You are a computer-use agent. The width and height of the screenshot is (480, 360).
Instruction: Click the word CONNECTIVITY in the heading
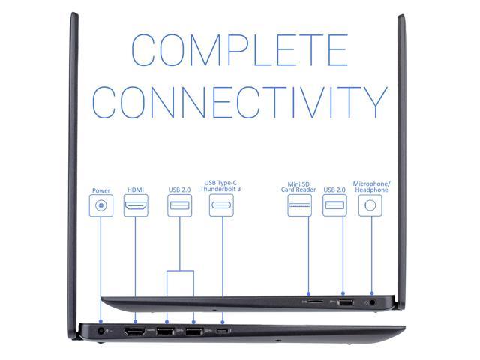click(x=239, y=102)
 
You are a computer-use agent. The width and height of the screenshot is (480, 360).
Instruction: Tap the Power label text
click(x=101, y=190)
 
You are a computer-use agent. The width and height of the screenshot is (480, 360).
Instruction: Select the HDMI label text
click(x=136, y=190)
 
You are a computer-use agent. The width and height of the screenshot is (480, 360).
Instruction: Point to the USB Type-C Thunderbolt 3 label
click(x=221, y=186)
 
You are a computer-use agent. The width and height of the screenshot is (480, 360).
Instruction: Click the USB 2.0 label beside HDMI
click(x=180, y=190)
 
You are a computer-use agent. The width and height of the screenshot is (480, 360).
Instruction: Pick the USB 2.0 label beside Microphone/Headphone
click(x=334, y=190)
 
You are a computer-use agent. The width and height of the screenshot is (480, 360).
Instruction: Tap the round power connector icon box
click(x=101, y=205)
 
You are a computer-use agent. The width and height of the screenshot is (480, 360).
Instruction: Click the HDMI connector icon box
click(x=136, y=205)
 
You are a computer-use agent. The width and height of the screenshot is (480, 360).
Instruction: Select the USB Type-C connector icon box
click(x=221, y=205)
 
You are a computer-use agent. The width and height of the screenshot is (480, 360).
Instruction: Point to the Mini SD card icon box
click(x=300, y=205)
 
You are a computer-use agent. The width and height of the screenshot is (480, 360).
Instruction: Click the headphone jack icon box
click(x=367, y=205)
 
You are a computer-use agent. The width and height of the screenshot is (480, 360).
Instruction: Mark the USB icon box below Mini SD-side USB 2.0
click(x=334, y=205)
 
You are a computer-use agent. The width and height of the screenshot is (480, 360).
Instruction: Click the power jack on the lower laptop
click(x=101, y=330)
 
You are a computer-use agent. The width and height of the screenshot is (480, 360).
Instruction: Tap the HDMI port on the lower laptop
click(x=135, y=331)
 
